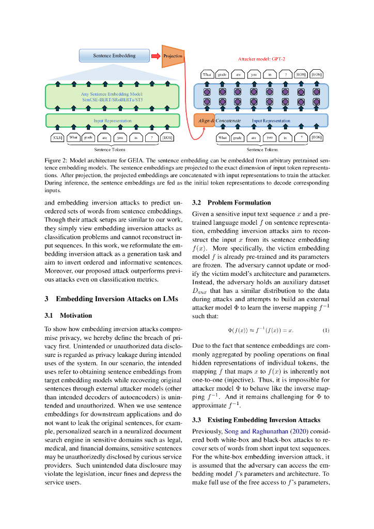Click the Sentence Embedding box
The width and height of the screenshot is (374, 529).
click(x=114, y=55)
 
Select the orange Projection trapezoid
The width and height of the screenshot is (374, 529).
click(x=172, y=56)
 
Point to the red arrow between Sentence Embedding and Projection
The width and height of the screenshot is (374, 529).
click(x=155, y=55)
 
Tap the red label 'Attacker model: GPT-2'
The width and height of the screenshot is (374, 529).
click(x=261, y=59)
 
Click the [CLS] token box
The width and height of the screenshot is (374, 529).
click(x=57, y=137)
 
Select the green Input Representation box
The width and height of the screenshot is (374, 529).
click(x=113, y=120)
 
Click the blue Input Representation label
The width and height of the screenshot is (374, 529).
click(x=271, y=121)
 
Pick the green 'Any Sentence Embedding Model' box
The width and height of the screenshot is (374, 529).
click(x=113, y=97)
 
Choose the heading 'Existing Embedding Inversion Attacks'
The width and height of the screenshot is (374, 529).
click(x=263, y=419)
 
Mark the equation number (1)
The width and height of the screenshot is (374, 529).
click(x=325, y=330)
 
